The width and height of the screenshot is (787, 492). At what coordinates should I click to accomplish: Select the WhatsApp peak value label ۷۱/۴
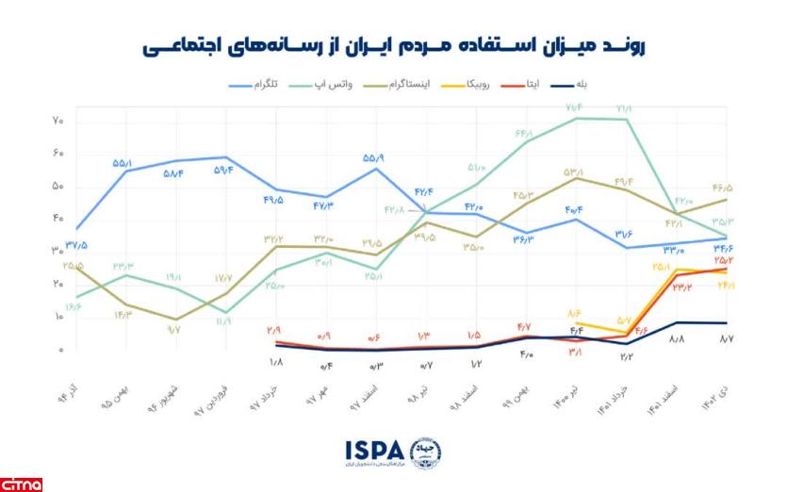pyautogui.click(x=574, y=108)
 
